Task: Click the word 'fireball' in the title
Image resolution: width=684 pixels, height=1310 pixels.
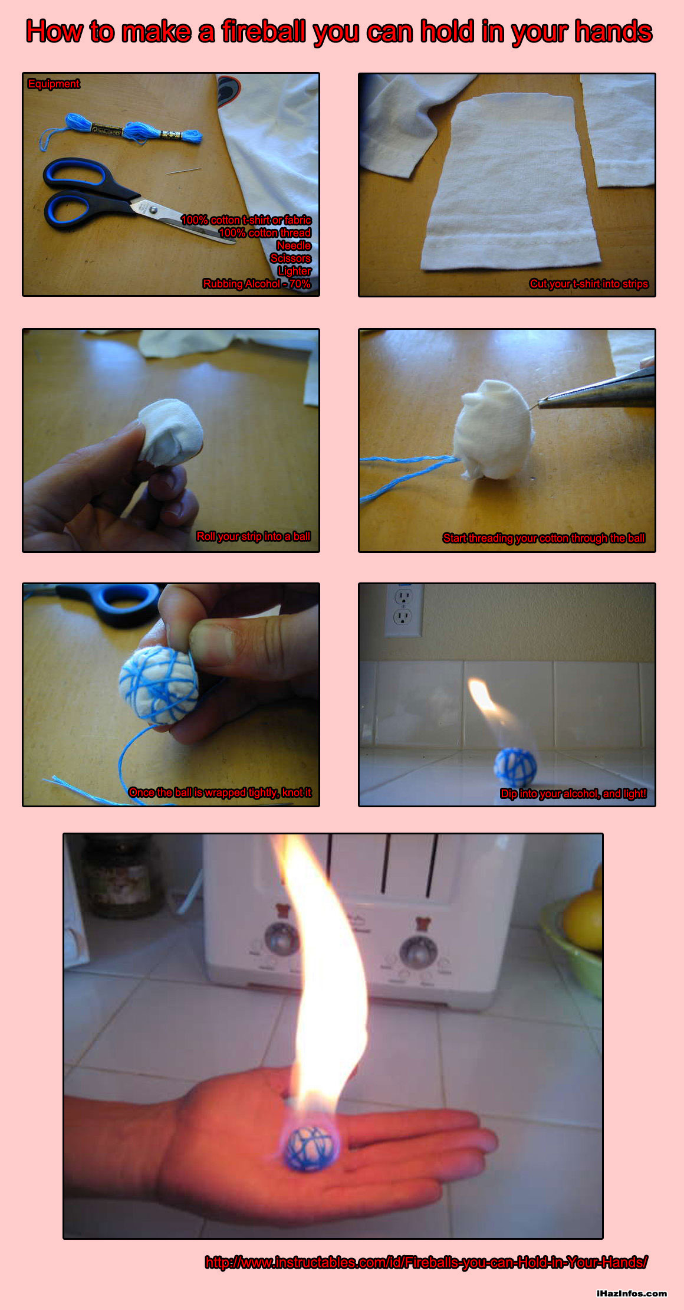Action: pos(265,31)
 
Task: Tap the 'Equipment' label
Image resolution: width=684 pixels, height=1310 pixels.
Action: pos(54,84)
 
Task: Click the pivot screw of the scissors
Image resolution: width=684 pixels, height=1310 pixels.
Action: pos(153,209)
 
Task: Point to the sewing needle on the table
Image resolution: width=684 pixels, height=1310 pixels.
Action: pos(183,171)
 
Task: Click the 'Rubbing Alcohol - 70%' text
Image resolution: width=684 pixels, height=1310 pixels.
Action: pos(256,284)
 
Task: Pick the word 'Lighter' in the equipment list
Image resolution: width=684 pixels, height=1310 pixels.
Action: pos(294,271)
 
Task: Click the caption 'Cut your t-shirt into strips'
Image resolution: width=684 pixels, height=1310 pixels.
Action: pos(588,284)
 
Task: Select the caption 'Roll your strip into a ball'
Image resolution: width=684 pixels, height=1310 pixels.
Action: pos(254,536)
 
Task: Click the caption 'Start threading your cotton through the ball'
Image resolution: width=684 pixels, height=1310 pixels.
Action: pos(544,538)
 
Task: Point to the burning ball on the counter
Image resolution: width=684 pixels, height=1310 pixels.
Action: pos(515,768)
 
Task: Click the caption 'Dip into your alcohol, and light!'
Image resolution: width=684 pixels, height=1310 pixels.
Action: pos(574,794)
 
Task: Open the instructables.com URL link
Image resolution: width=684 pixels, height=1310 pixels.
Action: pos(426,1262)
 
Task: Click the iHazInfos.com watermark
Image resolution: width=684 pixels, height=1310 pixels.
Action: pos(632,1293)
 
